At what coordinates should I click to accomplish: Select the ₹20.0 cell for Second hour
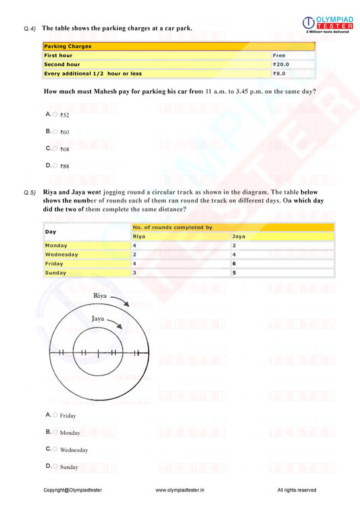(x=292, y=64)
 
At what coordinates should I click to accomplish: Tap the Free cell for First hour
(x=292, y=55)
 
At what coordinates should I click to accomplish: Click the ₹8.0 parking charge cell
(x=292, y=74)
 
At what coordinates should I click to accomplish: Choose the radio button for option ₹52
(x=55, y=114)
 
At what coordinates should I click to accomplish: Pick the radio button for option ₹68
(x=55, y=148)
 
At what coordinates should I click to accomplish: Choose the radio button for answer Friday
(x=55, y=414)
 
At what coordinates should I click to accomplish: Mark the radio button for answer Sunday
(x=55, y=466)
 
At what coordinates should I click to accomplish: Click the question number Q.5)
(x=30, y=193)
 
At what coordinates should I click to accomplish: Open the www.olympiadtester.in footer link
(x=180, y=490)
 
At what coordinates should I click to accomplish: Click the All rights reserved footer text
(x=297, y=490)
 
